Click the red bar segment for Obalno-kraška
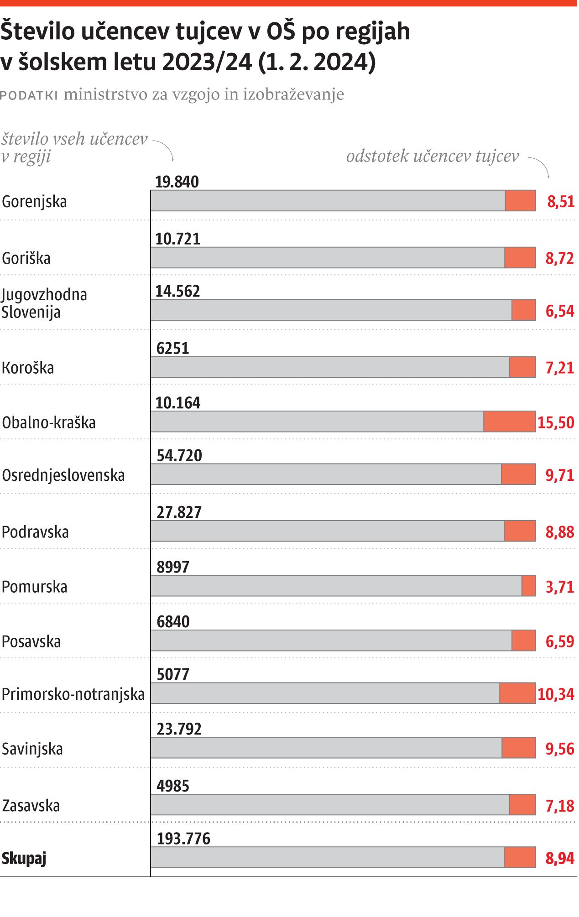[509, 422]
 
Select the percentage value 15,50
[555, 422]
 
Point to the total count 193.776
[183, 839]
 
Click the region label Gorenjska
[34, 202]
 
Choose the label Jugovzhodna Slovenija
[44, 303]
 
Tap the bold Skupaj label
[24, 859]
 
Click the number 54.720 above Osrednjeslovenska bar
[179, 456]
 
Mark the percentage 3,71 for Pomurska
[559, 587]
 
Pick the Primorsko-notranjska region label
[73, 694]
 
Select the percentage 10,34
[555, 694]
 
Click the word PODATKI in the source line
[29, 95]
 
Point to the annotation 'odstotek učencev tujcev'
[432, 156]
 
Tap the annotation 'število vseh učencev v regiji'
[74, 147]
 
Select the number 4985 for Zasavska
[172, 786]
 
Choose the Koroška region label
[28, 368]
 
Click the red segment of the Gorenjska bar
[520, 201]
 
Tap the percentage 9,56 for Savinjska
[559, 749]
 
